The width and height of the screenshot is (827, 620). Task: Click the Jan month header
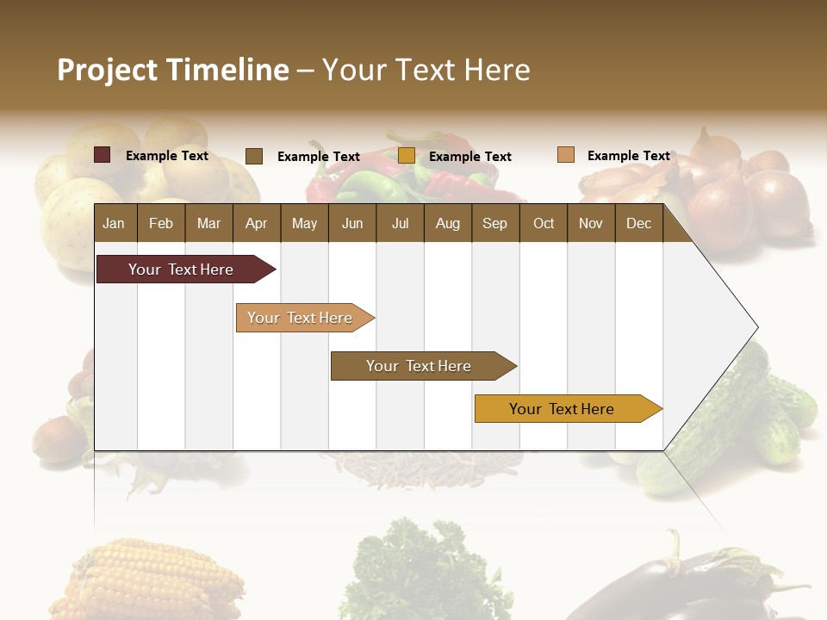click(114, 223)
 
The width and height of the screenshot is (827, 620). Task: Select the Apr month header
click(256, 223)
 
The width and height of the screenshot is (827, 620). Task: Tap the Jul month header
click(400, 223)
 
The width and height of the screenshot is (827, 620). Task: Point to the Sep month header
click(494, 223)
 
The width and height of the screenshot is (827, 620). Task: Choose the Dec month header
click(638, 223)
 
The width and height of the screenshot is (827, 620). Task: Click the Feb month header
click(161, 223)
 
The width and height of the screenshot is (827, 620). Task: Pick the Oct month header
click(544, 223)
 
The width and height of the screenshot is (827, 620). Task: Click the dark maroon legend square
click(102, 155)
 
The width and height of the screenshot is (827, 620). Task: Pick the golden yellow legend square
click(407, 156)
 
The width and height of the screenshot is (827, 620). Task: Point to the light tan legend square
click(565, 155)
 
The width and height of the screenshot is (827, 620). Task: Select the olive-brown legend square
click(254, 156)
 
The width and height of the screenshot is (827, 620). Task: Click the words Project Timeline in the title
click(173, 70)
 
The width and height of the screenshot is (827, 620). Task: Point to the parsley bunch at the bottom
click(422, 568)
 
